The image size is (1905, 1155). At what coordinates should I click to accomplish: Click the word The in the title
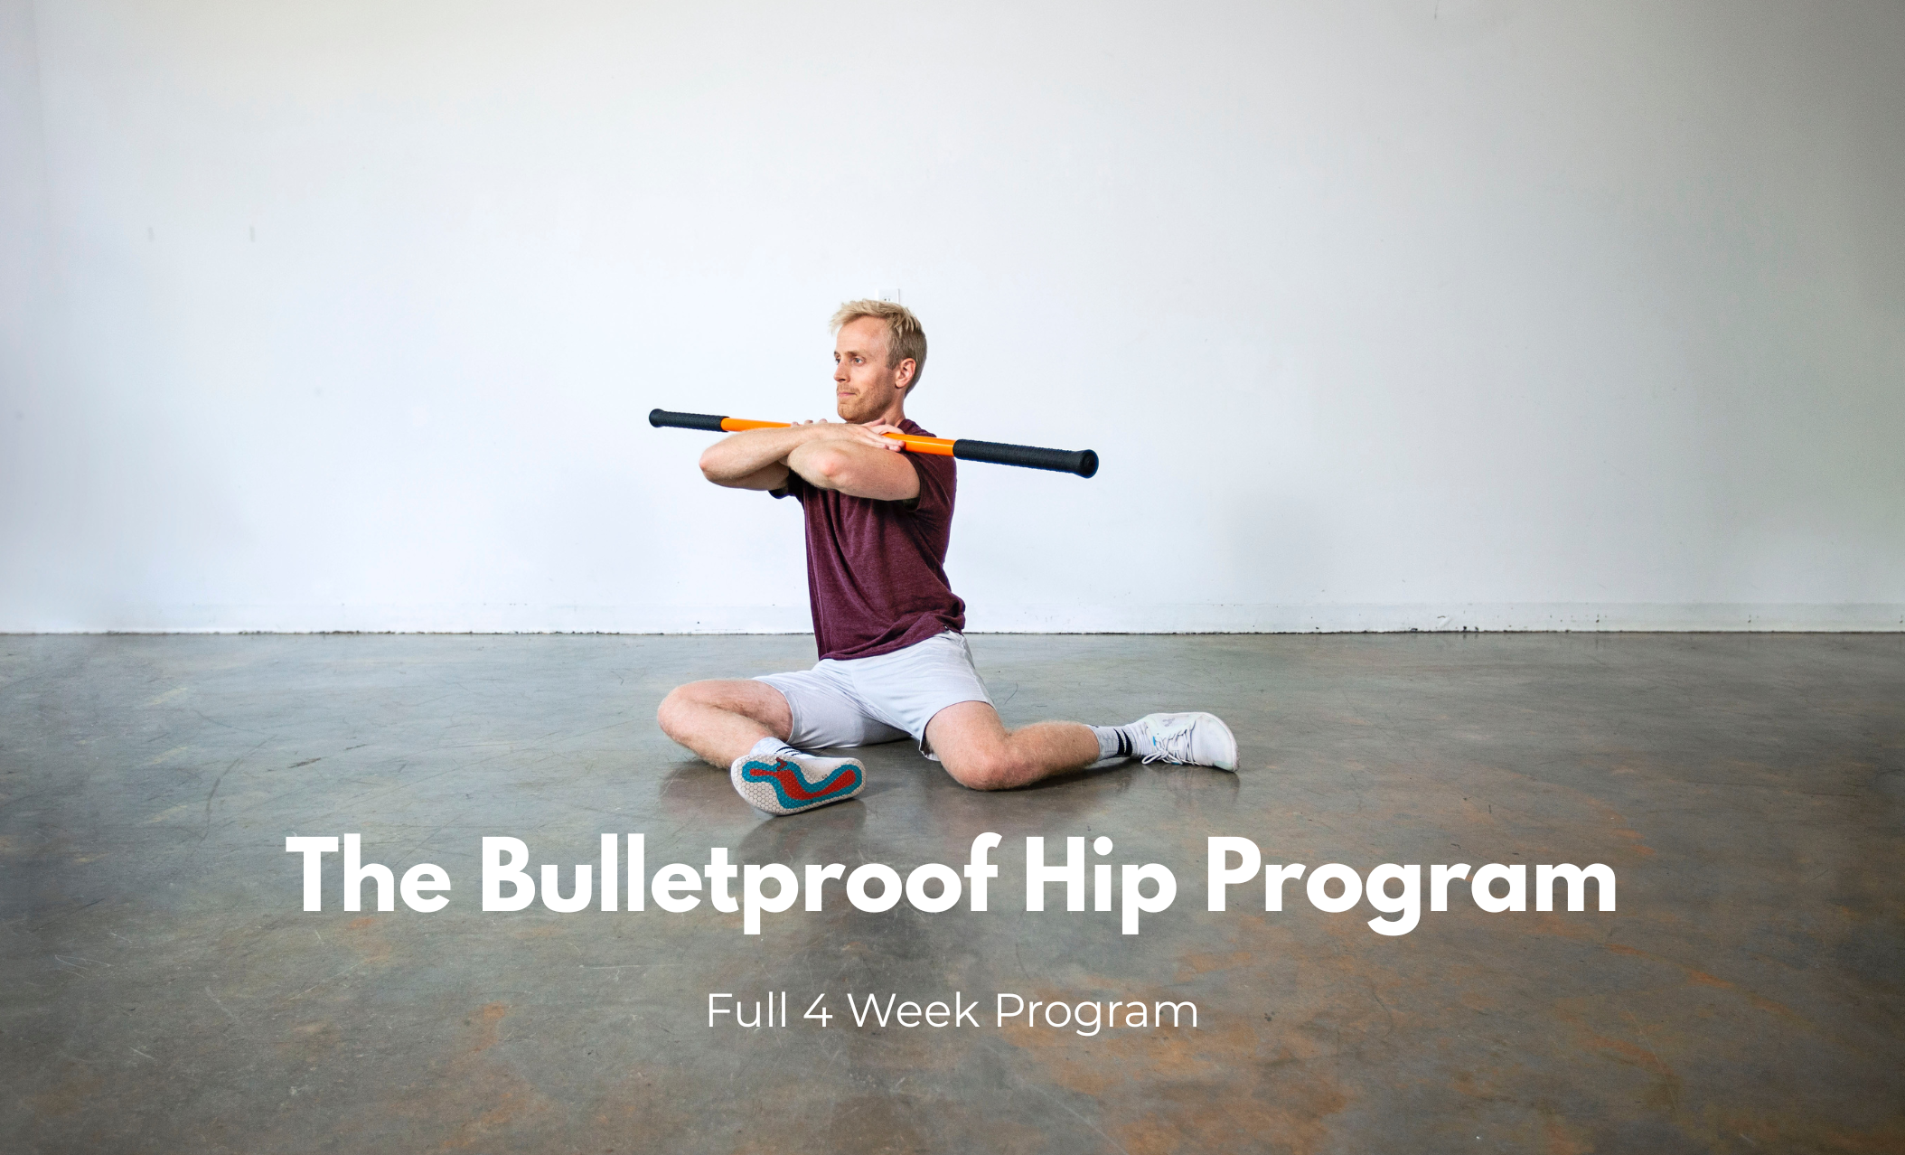point(369,873)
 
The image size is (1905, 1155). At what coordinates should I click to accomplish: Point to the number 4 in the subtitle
point(818,1010)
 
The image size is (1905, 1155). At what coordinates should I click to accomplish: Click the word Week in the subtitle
point(914,1010)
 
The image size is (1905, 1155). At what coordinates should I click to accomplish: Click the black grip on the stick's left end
point(688,419)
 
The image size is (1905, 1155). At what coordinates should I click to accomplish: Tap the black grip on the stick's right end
point(1026,455)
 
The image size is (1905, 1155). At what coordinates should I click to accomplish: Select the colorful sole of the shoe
point(798,782)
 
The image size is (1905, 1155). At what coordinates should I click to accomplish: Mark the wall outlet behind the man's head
point(891,296)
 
